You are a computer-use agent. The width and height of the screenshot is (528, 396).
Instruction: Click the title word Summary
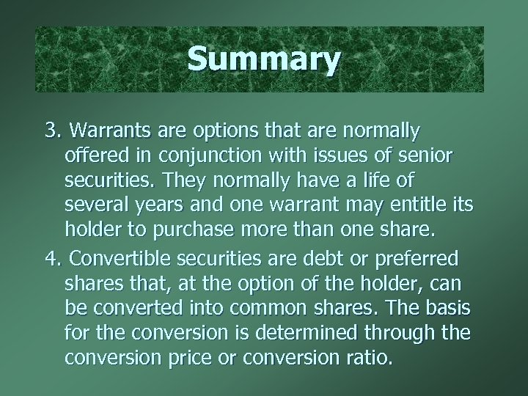click(x=263, y=59)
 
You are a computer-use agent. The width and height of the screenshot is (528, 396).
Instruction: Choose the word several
click(x=98, y=208)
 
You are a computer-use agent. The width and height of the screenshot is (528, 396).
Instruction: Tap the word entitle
click(x=409, y=208)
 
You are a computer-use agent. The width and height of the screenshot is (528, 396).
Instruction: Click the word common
click(x=291, y=309)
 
